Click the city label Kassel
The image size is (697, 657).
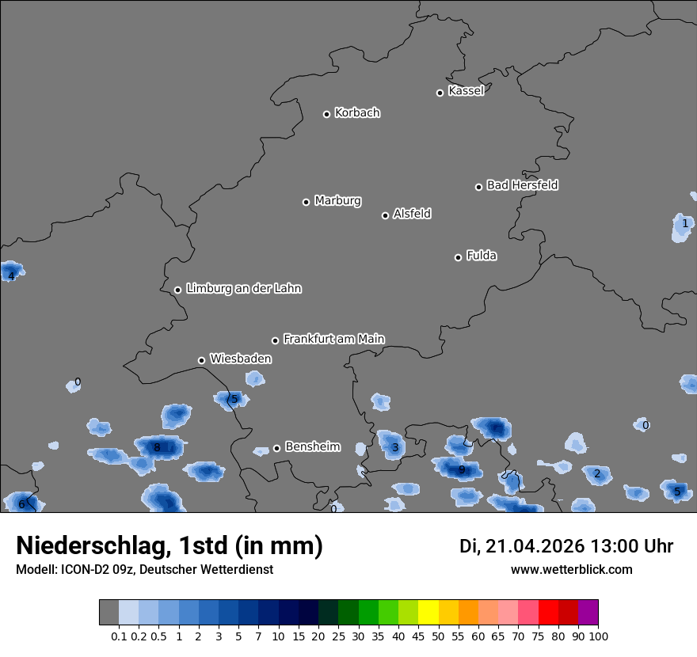point(466,91)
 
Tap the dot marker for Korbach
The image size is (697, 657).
point(326,114)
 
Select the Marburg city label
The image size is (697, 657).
point(337,201)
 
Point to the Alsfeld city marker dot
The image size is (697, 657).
point(385,215)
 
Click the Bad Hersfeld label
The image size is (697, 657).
point(522,185)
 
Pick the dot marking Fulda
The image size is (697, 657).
point(458,257)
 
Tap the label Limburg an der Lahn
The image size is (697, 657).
point(243,289)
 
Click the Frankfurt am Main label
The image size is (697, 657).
point(333,339)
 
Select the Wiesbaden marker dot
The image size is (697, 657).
point(201,360)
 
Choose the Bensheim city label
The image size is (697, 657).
point(312,446)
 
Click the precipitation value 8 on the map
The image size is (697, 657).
point(157,447)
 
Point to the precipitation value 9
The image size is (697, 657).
point(462,469)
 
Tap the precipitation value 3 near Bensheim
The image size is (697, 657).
point(395,448)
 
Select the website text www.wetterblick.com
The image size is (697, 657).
point(571,569)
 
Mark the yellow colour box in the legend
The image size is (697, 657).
point(428,613)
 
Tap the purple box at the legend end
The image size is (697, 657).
point(588,613)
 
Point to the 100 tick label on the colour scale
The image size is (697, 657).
point(598,636)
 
